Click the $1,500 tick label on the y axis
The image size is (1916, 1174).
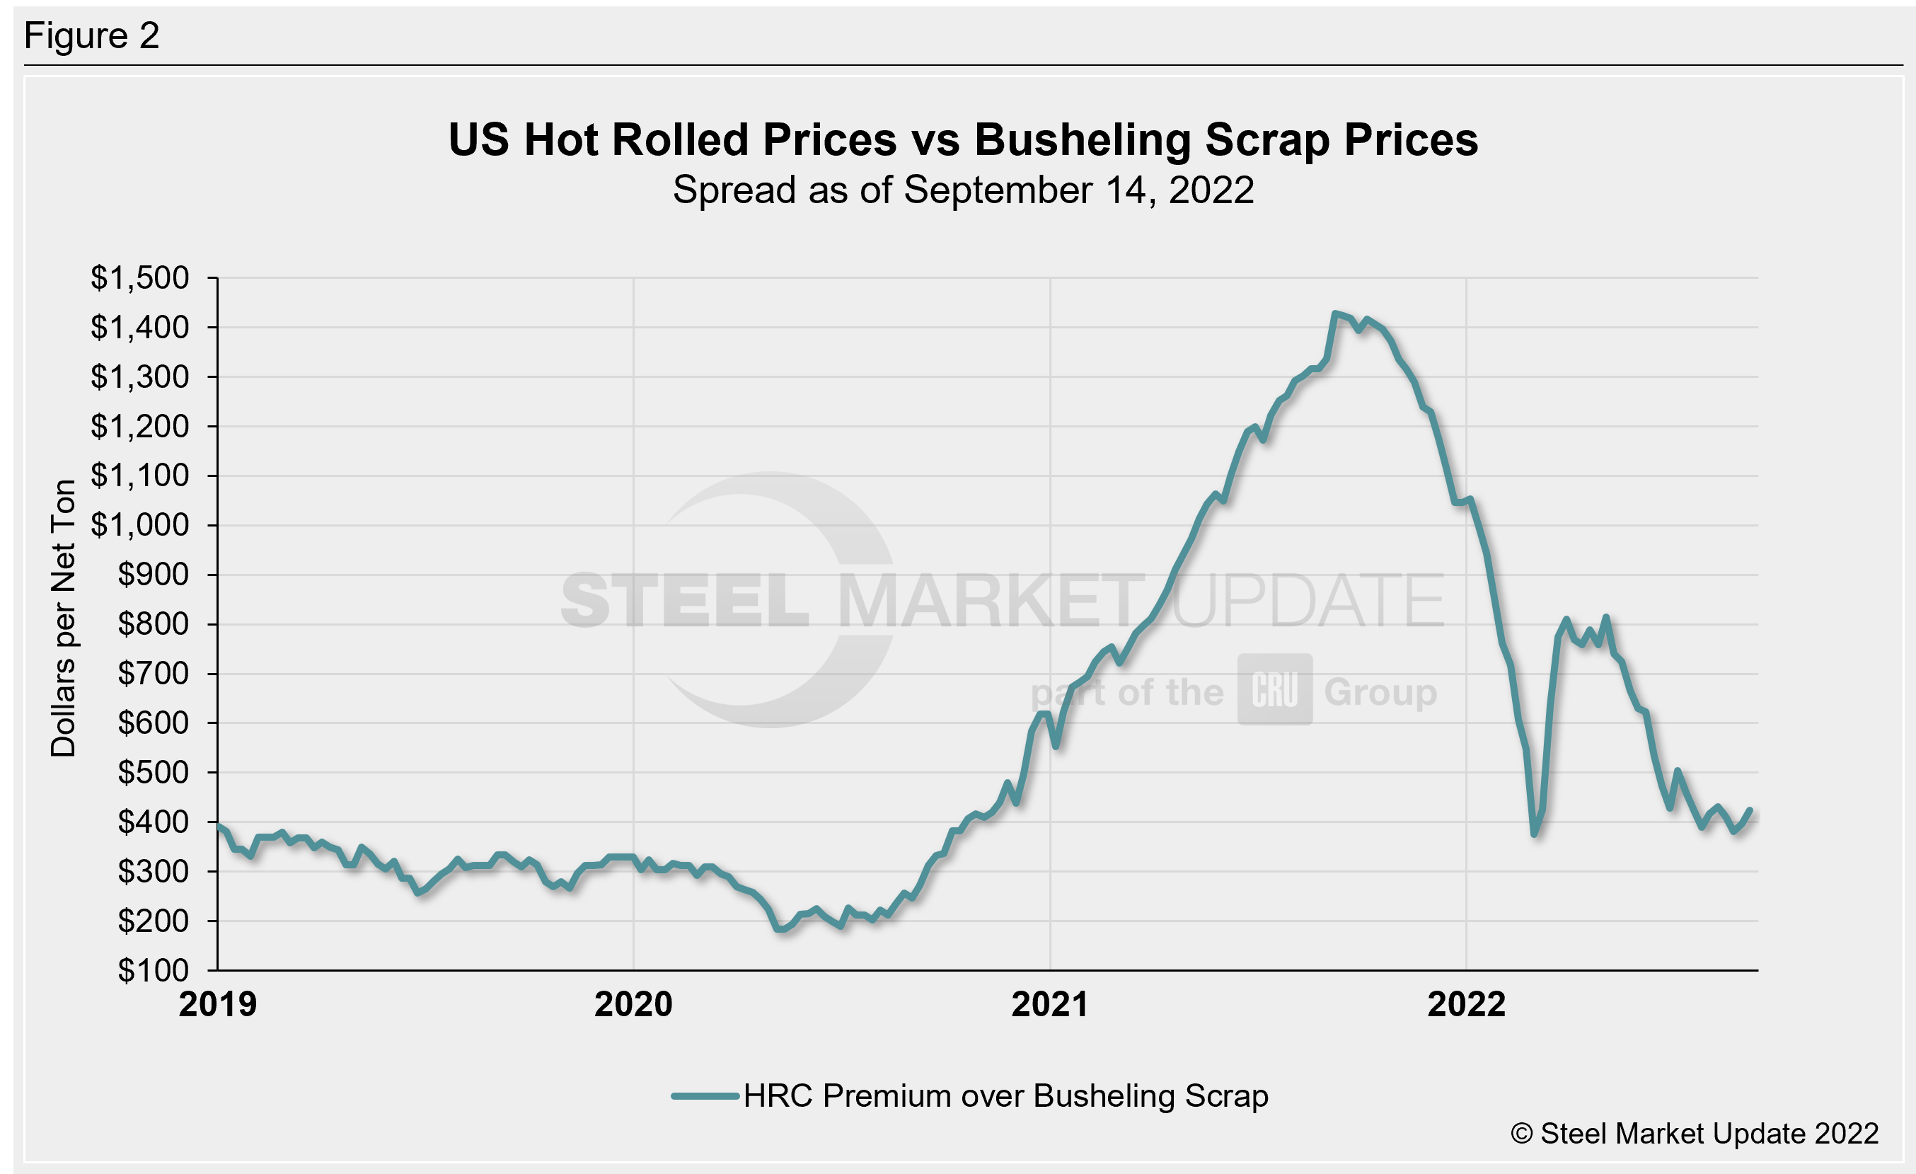tap(139, 277)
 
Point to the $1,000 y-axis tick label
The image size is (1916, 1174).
tap(139, 525)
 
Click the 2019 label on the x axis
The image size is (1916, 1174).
tap(218, 1004)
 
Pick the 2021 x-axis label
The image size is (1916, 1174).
tap(1050, 1004)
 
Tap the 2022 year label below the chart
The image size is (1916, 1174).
tap(1467, 1004)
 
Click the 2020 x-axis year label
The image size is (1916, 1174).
tap(633, 1004)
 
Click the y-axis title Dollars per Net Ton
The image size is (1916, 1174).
tap(63, 618)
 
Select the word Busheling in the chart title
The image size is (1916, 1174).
tap(1083, 140)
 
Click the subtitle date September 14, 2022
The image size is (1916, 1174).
tap(1079, 190)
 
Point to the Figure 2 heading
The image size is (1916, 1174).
tap(92, 36)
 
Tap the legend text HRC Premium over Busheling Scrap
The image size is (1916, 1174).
tap(1005, 1095)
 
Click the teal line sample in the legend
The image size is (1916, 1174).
tap(705, 1096)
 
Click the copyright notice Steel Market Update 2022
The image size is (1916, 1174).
tap(1695, 1134)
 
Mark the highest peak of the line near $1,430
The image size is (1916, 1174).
tap(1335, 313)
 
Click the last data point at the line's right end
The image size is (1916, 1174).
tap(1750, 810)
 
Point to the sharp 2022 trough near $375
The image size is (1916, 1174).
tap(1534, 834)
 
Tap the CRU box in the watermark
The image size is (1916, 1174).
tap(1274, 690)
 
